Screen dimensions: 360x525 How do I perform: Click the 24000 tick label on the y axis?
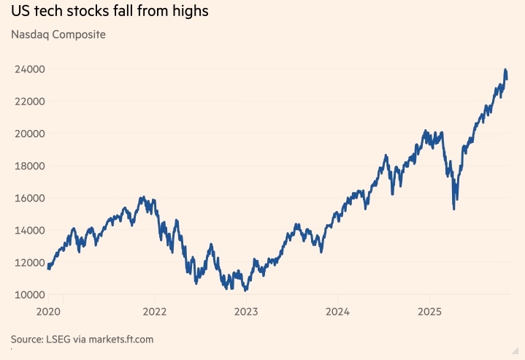pyautogui.click(x=29, y=69)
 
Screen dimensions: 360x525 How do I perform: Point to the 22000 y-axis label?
pyautogui.click(x=29, y=102)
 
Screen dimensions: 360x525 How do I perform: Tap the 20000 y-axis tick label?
pyautogui.click(x=29, y=134)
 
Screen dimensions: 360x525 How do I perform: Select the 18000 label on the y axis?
pyautogui.click(x=29, y=166)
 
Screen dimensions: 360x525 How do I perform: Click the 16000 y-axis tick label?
pyautogui.click(x=29, y=198)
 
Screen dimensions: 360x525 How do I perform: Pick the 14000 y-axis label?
pyautogui.click(x=29, y=230)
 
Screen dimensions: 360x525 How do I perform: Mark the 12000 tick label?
pyautogui.click(x=29, y=262)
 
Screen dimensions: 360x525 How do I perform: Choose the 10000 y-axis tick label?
pyautogui.click(x=29, y=294)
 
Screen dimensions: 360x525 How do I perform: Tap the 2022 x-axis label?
pyautogui.click(x=154, y=312)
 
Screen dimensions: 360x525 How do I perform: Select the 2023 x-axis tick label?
pyautogui.click(x=246, y=312)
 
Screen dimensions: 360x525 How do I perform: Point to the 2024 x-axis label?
pyautogui.click(x=338, y=312)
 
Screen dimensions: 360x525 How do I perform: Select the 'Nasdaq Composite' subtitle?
pyautogui.click(x=58, y=34)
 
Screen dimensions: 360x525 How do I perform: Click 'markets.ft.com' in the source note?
pyautogui.click(x=119, y=340)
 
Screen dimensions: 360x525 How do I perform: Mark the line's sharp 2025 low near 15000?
pyautogui.click(x=454, y=209)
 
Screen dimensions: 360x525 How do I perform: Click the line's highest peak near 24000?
pyautogui.click(x=505, y=70)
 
